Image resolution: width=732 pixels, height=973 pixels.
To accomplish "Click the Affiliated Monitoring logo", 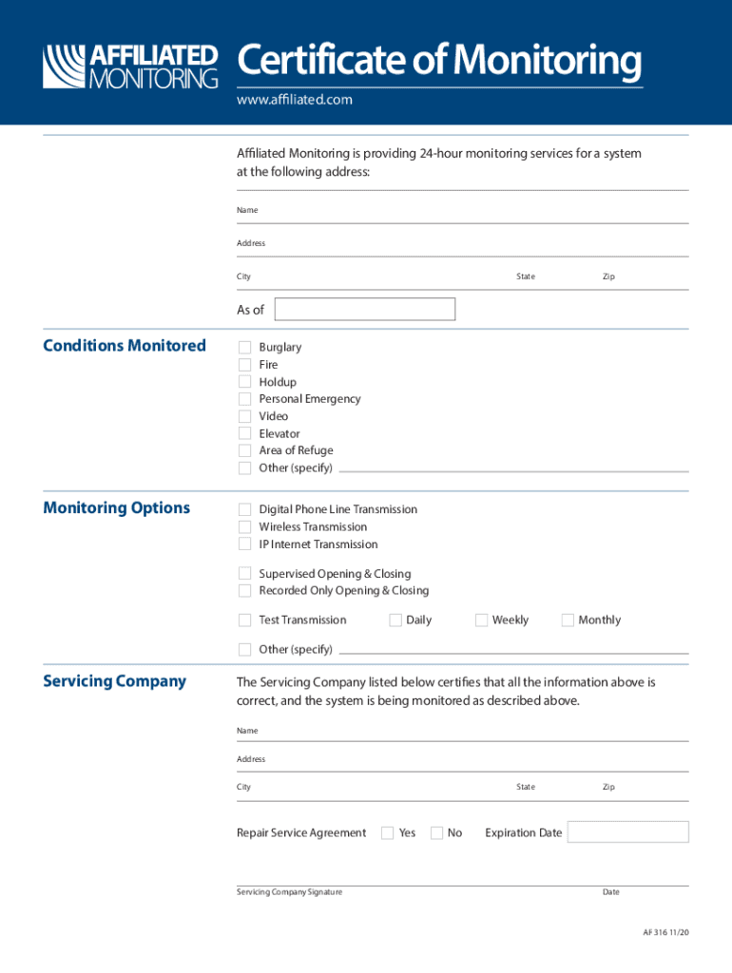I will pos(130,67).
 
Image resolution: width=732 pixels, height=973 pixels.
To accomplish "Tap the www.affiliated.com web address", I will pos(295,100).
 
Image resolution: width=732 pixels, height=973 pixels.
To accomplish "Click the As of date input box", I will pos(364,309).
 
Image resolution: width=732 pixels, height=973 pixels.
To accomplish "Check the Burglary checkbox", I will pos(244,348).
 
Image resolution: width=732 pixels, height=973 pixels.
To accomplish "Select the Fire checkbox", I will pos(244,365).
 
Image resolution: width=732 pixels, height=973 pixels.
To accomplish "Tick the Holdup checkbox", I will pos(244,382).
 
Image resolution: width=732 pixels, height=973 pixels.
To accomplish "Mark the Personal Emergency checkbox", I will pos(244,399).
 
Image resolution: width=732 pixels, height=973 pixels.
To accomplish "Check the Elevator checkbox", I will pos(244,433).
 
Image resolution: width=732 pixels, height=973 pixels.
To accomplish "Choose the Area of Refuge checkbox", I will pos(244,450).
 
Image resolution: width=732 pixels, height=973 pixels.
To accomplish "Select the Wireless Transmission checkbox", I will pos(244,526).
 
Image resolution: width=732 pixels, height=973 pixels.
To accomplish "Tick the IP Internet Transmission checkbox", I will pos(244,544).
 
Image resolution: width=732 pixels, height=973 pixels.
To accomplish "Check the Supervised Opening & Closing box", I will pos(244,574).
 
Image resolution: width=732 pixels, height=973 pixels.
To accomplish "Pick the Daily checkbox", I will pos(395,620).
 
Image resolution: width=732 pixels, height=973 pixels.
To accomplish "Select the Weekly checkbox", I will pos(481,620).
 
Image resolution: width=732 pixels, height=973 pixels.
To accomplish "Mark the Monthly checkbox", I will pos(568,620).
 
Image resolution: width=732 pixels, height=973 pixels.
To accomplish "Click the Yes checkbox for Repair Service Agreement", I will pos(388,833).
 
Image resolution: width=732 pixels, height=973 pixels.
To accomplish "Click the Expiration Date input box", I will pos(627,832).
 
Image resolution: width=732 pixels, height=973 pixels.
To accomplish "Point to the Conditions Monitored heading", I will pos(125,346).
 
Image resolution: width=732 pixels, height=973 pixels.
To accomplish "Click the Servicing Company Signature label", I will pos(289,892).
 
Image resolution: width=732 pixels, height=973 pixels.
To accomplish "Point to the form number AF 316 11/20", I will pos(665,933).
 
